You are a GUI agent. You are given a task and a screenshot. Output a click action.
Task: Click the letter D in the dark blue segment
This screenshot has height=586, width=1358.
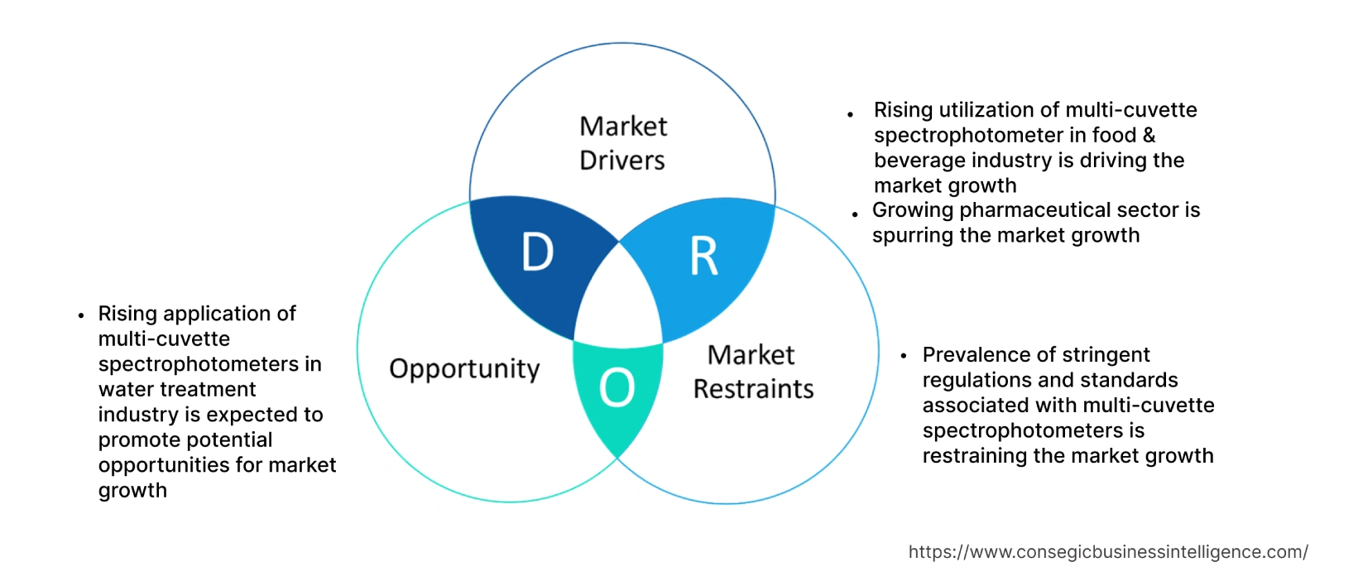point(537,252)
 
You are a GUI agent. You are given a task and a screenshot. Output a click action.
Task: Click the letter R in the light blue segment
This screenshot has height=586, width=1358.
point(704,257)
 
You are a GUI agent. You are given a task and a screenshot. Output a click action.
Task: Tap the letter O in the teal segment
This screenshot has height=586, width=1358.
point(617,388)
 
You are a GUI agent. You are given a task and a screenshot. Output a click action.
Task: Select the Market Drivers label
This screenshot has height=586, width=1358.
point(622,143)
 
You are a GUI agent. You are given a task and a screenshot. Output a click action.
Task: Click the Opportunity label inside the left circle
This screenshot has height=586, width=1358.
point(464,369)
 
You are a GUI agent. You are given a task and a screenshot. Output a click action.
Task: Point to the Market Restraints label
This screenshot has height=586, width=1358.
point(753,372)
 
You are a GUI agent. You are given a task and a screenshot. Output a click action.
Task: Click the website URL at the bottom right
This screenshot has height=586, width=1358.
point(1108,552)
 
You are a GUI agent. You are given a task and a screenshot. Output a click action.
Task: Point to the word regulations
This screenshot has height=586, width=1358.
point(974,381)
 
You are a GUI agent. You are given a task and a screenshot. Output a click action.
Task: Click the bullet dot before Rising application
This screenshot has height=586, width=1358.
point(81,315)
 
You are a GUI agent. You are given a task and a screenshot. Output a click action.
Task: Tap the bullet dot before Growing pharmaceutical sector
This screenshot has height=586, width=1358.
point(855,214)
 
